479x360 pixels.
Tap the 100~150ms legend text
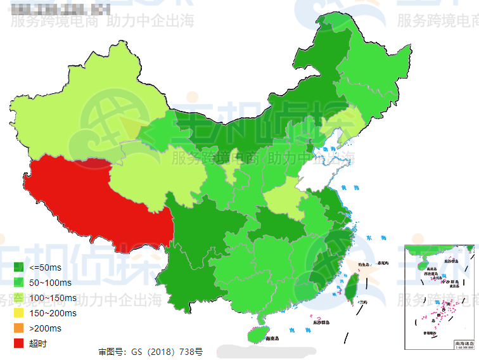coord(53,298)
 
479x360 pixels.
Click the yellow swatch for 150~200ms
coord(18,313)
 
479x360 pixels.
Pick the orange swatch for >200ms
coord(18,328)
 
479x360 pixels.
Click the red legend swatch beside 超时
coord(18,344)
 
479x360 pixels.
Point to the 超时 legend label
coord(38,344)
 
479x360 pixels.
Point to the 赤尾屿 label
coord(381,262)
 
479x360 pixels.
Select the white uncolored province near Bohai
coord(323,168)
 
